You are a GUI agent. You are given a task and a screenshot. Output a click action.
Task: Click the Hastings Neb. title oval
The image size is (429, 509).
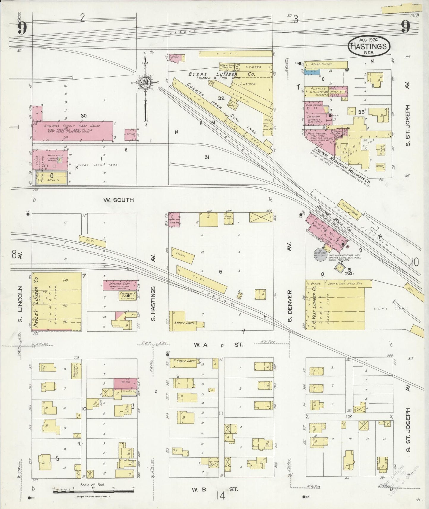point(369,46)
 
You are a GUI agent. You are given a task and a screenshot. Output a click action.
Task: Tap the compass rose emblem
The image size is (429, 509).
point(145,83)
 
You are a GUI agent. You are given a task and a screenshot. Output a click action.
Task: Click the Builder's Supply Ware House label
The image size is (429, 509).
point(72,126)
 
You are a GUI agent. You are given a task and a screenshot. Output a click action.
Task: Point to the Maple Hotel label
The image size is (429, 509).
point(185,323)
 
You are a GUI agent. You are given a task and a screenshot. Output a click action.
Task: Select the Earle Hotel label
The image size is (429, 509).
point(186,361)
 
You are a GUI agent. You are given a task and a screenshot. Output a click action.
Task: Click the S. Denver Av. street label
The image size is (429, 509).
point(290,306)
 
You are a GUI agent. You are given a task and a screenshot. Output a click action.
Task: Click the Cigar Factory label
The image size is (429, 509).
point(314,105)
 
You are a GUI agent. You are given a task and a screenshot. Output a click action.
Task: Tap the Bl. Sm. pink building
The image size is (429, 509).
point(126,382)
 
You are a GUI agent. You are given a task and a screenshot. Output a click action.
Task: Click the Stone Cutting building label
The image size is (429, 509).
point(322,64)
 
